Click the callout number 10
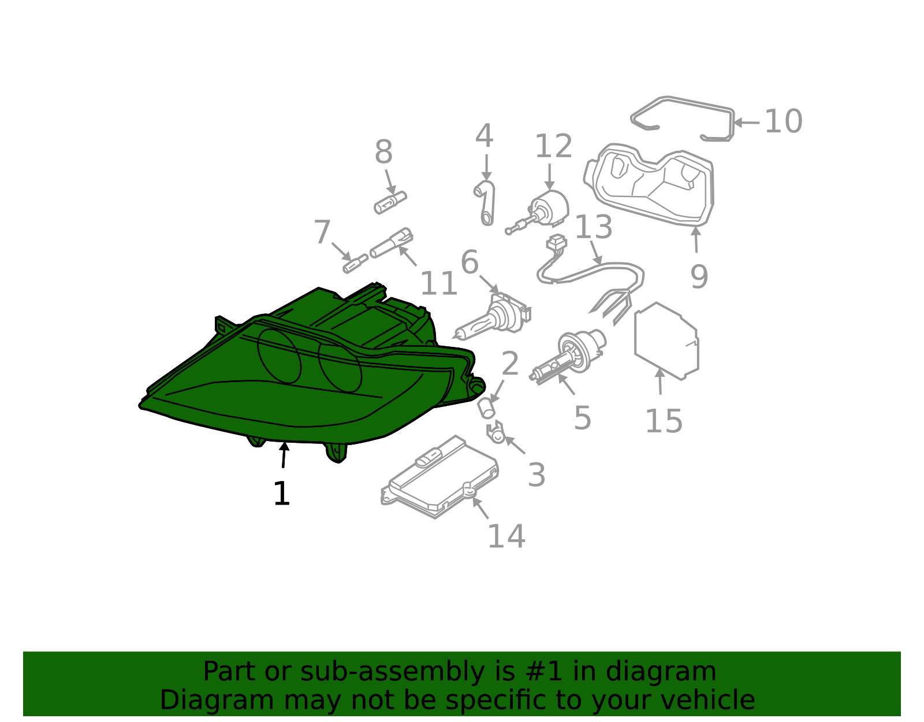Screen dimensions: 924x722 coord(783,121)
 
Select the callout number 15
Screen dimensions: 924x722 coord(664,421)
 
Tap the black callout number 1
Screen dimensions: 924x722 coord(282,494)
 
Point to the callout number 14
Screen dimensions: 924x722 coord(506,536)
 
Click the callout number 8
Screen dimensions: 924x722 coord(383,151)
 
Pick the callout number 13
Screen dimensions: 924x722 coord(593,227)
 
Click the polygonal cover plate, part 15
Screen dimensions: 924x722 coord(666,341)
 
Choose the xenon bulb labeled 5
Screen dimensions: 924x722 coord(568,356)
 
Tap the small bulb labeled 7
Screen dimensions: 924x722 coord(356,264)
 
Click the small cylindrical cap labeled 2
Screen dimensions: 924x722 coord(487,408)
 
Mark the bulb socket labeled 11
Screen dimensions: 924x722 coord(391,243)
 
